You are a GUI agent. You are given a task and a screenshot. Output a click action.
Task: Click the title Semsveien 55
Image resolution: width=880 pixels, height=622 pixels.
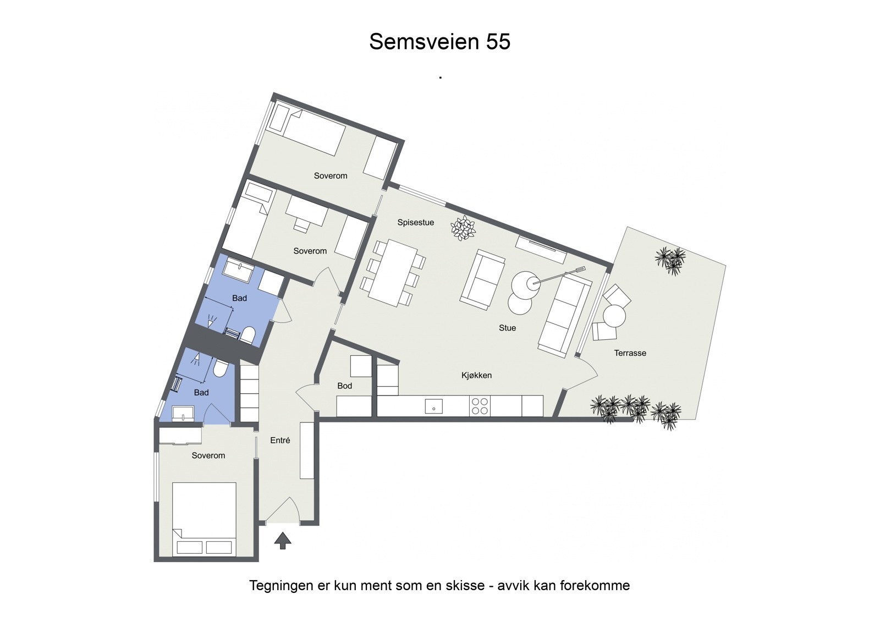[439, 42]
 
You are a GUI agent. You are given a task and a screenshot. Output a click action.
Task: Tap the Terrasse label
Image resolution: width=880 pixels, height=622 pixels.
[630, 353]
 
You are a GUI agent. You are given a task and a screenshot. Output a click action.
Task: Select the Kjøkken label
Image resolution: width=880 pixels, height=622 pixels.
[476, 375]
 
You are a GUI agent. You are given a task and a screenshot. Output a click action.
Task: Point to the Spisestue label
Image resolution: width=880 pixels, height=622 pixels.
[416, 222]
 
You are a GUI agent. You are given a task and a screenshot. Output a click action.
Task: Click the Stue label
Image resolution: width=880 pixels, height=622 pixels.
[507, 328]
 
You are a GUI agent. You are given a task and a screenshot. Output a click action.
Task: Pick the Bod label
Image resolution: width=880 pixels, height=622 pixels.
[344, 386]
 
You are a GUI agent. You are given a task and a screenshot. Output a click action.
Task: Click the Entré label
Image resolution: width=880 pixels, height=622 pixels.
[280, 440]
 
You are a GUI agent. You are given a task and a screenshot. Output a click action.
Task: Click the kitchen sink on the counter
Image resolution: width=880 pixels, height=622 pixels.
[433, 406]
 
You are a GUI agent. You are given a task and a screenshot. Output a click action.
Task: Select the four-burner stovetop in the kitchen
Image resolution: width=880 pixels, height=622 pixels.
[480, 406]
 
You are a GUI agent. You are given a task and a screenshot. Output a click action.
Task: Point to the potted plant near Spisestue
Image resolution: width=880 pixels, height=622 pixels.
[463, 228]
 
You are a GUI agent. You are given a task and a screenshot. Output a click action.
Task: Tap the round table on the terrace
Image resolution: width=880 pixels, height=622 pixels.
[614, 316]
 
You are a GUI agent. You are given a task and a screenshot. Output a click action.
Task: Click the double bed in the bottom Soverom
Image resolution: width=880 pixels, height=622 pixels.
[204, 519]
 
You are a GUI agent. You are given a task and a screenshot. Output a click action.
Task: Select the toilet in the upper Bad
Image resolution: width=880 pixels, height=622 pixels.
[248, 334]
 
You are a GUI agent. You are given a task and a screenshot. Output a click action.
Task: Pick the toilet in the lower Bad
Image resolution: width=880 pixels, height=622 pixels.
[219, 368]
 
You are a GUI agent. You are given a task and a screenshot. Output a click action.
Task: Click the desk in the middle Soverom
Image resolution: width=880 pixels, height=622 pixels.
[306, 210]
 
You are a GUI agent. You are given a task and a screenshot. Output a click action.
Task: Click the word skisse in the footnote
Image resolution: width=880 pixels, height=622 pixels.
[465, 585]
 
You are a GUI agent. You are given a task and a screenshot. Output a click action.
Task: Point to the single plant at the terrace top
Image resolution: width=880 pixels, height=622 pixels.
[670, 260]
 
